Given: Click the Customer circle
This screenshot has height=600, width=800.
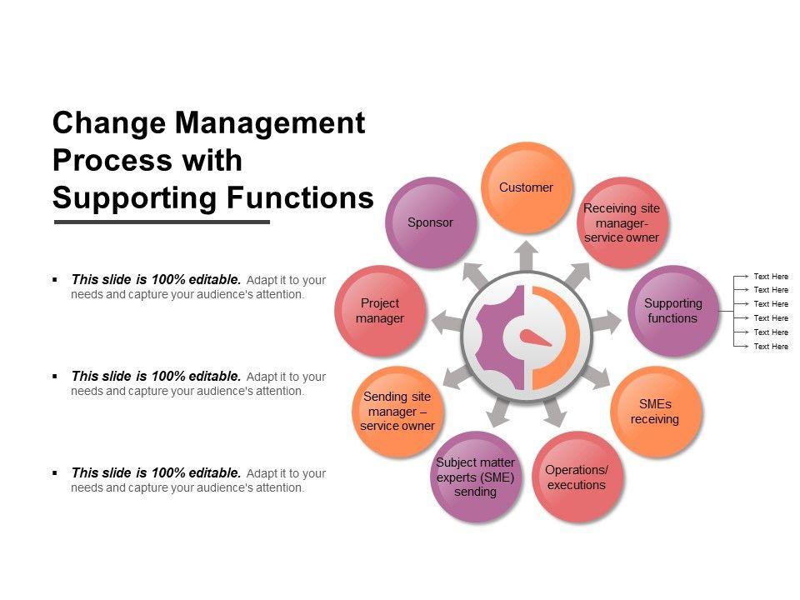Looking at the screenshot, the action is (x=526, y=187).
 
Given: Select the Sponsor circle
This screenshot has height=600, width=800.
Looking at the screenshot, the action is (x=430, y=222).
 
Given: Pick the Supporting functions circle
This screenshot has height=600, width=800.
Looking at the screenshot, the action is (x=672, y=311).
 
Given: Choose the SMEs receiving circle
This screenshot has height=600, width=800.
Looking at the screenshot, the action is (x=654, y=412).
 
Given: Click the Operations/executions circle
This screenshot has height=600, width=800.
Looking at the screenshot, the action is (x=577, y=477).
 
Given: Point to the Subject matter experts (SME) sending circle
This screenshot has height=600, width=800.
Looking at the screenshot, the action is (x=475, y=477).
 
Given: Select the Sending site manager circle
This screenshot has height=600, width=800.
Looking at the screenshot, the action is (x=397, y=412).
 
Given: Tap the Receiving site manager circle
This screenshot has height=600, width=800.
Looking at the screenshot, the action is (x=622, y=222).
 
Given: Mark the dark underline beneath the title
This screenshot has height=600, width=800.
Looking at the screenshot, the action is (x=162, y=222).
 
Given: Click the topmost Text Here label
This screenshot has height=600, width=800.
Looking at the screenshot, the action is (x=771, y=277).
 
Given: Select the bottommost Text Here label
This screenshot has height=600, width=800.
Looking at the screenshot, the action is (x=771, y=347).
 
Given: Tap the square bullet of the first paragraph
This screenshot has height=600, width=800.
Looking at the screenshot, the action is (x=54, y=280).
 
